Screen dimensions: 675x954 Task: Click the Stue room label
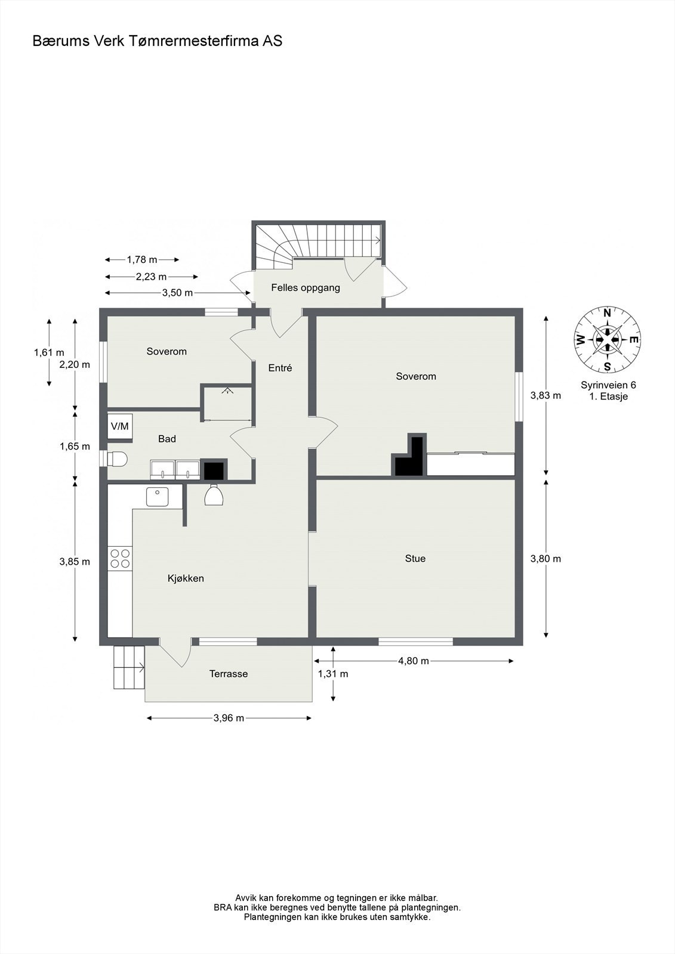tap(415, 558)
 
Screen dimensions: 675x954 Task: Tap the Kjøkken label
tap(186, 578)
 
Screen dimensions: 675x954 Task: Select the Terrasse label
tap(229, 674)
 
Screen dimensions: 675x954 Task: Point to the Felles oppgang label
tap(306, 288)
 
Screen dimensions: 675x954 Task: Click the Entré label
tap(280, 368)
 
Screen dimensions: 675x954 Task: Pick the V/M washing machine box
tap(120, 426)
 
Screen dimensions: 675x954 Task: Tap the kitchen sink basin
tap(158, 497)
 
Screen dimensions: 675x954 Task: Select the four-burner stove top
tap(120, 559)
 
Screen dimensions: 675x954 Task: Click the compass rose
tap(607, 340)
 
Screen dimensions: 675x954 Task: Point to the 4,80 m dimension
tap(413, 661)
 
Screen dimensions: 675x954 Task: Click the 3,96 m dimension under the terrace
tap(229, 718)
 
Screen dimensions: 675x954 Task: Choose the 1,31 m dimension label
tap(333, 674)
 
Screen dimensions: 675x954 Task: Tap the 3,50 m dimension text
tap(177, 293)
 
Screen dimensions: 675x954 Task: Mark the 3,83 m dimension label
tap(546, 395)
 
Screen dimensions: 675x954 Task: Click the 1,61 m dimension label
tap(49, 352)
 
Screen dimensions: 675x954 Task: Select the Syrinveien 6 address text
tap(608, 385)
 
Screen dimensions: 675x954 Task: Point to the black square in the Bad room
tap(214, 470)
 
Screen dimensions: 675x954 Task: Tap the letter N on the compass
tap(607, 313)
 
